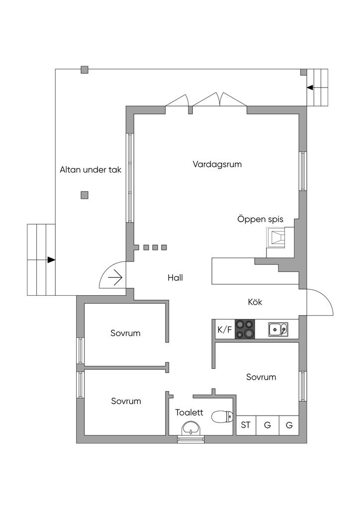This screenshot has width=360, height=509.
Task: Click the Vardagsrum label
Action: pos(217,164)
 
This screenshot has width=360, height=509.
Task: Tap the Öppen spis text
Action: pos(260,219)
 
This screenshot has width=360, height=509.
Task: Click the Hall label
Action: pos(175,277)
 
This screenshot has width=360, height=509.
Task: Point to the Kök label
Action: pos(255,302)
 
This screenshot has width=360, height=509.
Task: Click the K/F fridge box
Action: pos(224,329)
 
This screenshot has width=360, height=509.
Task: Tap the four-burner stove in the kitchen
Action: pos(245,329)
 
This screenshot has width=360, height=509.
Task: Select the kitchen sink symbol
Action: pos(277,329)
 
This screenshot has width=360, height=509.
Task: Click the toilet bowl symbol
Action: pos(222,416)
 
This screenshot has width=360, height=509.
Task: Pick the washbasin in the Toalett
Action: pos(191,428)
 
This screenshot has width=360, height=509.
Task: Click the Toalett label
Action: pos(189,412)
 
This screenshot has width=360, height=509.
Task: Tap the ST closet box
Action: pos(246,425)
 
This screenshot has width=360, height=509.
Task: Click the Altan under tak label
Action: pos(90,170)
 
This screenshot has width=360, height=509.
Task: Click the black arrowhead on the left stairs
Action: pos(51,259)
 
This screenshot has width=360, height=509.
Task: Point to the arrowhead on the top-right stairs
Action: pos(310,88)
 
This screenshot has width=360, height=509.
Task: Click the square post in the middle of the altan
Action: pos(85,195)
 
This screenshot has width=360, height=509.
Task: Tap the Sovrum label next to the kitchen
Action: pos(261,377)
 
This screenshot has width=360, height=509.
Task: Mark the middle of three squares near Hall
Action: pos(155,248)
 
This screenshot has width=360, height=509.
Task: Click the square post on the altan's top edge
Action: pos(85,70)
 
